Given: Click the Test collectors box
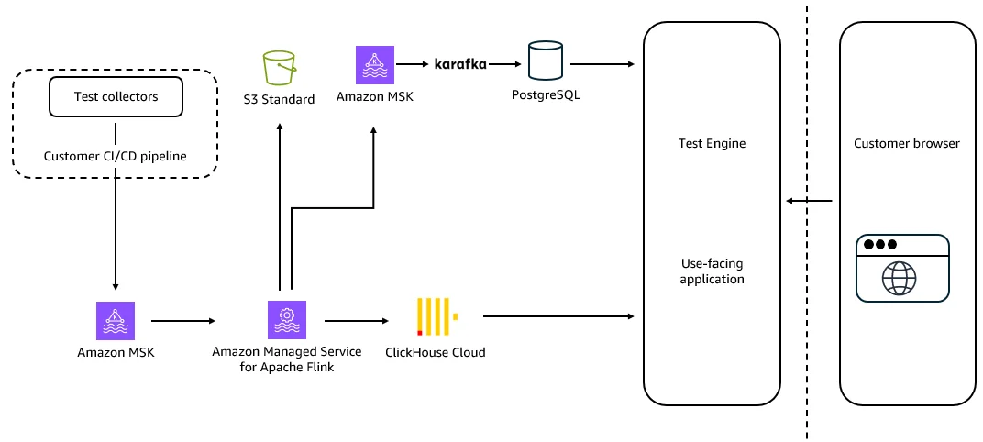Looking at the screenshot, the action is [x=116, y=96].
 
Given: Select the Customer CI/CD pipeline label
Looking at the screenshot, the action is [x=116, y=156].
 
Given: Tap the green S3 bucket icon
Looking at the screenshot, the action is [x=279, y=69].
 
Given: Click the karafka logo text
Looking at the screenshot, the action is [x=460, y=64].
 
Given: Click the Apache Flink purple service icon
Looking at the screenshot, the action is [x=286, y=320].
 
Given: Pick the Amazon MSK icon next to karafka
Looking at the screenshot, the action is [x=375, y=64].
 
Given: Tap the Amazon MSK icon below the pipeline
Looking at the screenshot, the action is [x=116, y=320].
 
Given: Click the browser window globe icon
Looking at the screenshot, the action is [x=899, y=279].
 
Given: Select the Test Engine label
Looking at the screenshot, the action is [x=712, y=143].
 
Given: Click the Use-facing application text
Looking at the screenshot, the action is [x=712, y=271].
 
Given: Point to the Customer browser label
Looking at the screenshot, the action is [x=907, y=144].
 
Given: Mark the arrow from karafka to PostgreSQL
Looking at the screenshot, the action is [x=504, y=64].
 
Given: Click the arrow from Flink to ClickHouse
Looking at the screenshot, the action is [x=356, y=321].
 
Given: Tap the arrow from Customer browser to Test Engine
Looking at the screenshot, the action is [x=809, y=201].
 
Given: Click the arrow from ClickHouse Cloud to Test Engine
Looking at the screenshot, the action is [x=558, y=316].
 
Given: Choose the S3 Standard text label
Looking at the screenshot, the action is [x=279, y=99].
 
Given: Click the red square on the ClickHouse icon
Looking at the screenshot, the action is [x=419, y=333].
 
